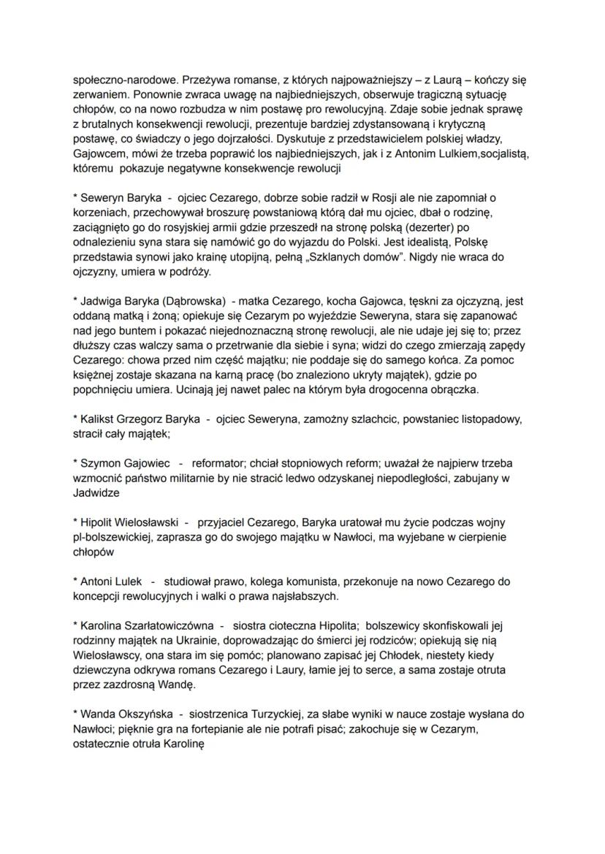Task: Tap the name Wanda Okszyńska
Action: pyautogui.click(x=123, y=714)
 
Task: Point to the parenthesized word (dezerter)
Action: pyautogui.click(x=437, y=227)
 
